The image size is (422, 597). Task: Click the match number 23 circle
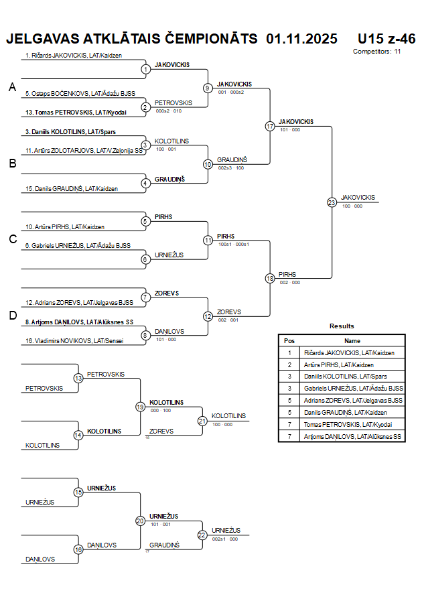pos(332,202)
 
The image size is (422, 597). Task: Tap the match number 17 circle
pos(270,126)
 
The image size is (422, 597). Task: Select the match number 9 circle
pos(208,88)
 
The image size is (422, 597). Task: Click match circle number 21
pos(202,421)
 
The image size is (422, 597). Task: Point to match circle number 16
pos(78,549)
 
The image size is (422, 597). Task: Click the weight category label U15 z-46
pos(386,38)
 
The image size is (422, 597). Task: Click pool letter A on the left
pos(12,88)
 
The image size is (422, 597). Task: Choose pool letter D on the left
pos(12,316)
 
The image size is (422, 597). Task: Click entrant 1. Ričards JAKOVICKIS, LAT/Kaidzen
pos(74,56)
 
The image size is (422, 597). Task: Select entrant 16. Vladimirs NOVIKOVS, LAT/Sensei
pos(74,341)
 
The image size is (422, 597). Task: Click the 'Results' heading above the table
pos(342,326)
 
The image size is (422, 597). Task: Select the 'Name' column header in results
pos(352,340)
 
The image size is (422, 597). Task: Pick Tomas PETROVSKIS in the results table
pos(347,424)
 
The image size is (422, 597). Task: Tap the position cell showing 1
pos(289,352)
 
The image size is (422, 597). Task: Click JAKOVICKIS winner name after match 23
pos(358,197)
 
